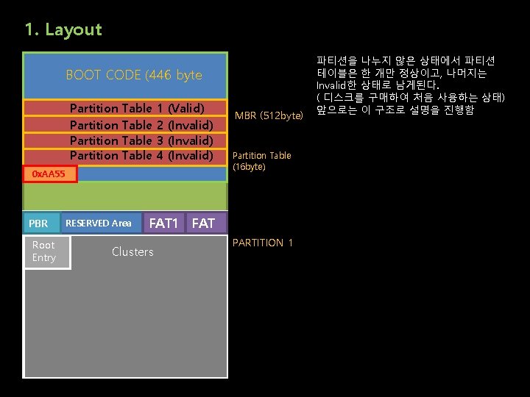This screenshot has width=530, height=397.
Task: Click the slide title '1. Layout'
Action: [63, 30]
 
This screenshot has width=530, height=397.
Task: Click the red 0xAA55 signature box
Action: [49, 174]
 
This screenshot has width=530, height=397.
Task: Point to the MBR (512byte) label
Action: [269, 116]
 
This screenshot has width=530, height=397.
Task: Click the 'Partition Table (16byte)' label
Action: [261, 161]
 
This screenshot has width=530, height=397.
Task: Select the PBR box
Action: [38, 223]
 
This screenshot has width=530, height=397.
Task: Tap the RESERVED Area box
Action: [99, 223]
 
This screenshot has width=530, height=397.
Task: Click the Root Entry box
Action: [46, 251]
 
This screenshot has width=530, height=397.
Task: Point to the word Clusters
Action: [132, 251]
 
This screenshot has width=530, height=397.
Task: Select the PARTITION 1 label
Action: [263, 243]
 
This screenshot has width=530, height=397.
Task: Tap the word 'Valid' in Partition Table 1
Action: [186, 108]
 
